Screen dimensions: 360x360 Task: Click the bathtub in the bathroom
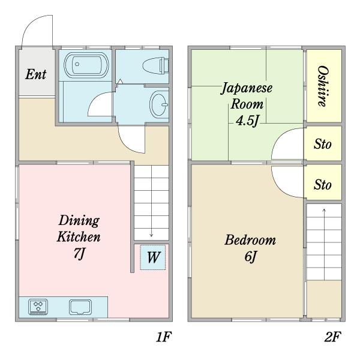pos(86,65)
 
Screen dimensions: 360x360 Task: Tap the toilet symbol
pos(155,65)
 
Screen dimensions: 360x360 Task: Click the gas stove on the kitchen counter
pos(38,307)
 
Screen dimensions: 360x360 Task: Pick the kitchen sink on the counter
pos(80,307)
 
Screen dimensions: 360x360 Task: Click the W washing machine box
pos(153,257)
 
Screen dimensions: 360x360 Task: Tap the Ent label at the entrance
pos(36,74)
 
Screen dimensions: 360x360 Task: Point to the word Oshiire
pos(323,86)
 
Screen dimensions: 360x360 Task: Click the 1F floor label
pos(164,337)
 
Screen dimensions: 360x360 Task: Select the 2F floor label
pos(332,337)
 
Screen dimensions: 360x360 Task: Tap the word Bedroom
pos(250,240)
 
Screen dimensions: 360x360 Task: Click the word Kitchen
pos(79,236)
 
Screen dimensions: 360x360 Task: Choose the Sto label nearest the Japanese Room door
pos(323,144)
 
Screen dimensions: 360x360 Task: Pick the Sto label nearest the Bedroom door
pos(323,185)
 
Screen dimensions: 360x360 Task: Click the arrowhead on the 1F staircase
pos(151,235)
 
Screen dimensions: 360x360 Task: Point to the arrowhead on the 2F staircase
pos(324,209)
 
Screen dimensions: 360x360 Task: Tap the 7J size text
pos(79,254)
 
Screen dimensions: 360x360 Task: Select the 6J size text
pos(250,257)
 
